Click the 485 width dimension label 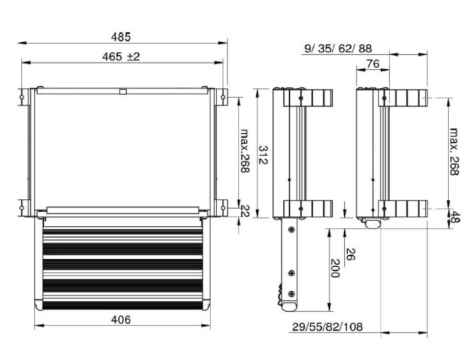[x=121, y=37]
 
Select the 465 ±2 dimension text [x=121, y=57]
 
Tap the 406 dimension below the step [x=121, y=320]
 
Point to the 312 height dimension [x=263, y=155]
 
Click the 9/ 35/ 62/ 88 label [x=338, y=48]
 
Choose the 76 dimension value [x=373, y=63]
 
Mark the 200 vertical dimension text [x=335, y=268]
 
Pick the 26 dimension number [x=350, y=254]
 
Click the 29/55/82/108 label [x=327, y=327]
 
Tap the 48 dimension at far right [x=456, y=217]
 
